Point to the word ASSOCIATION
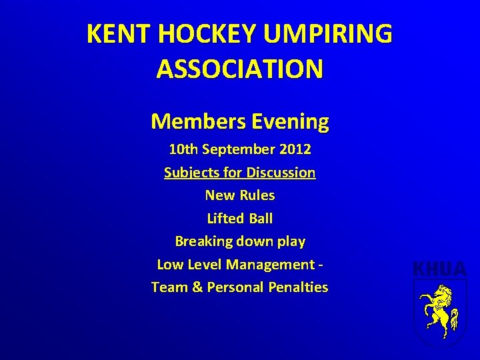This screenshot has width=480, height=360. [240, 69]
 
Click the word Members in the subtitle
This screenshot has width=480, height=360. [198, 121]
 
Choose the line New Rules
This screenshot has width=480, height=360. [240, 195]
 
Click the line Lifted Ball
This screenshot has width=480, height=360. [240, 218]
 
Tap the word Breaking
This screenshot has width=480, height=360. [202, 241]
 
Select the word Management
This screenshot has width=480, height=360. [269, 264]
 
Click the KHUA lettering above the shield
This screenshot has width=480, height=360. [440, 270]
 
